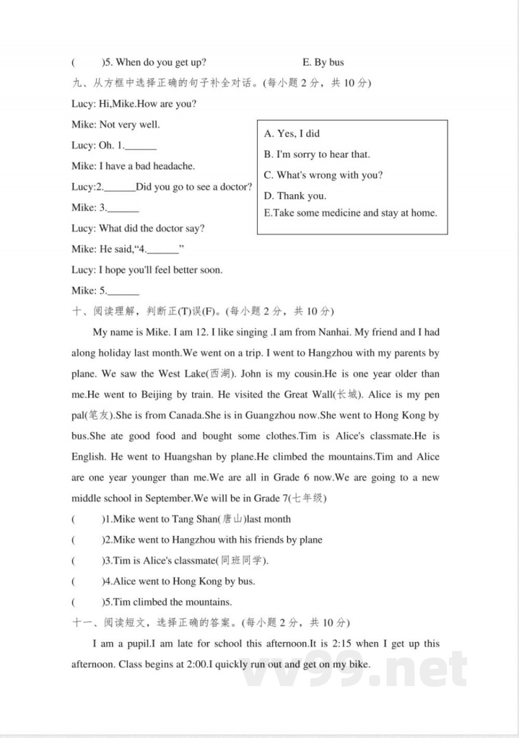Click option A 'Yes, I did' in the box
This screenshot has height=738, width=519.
292,134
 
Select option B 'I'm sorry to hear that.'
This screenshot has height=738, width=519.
317,154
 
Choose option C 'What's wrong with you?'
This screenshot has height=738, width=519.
323,175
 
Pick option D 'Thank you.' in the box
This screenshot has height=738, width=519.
295,196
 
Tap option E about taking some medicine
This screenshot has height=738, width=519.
350,213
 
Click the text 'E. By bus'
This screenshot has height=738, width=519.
323,62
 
